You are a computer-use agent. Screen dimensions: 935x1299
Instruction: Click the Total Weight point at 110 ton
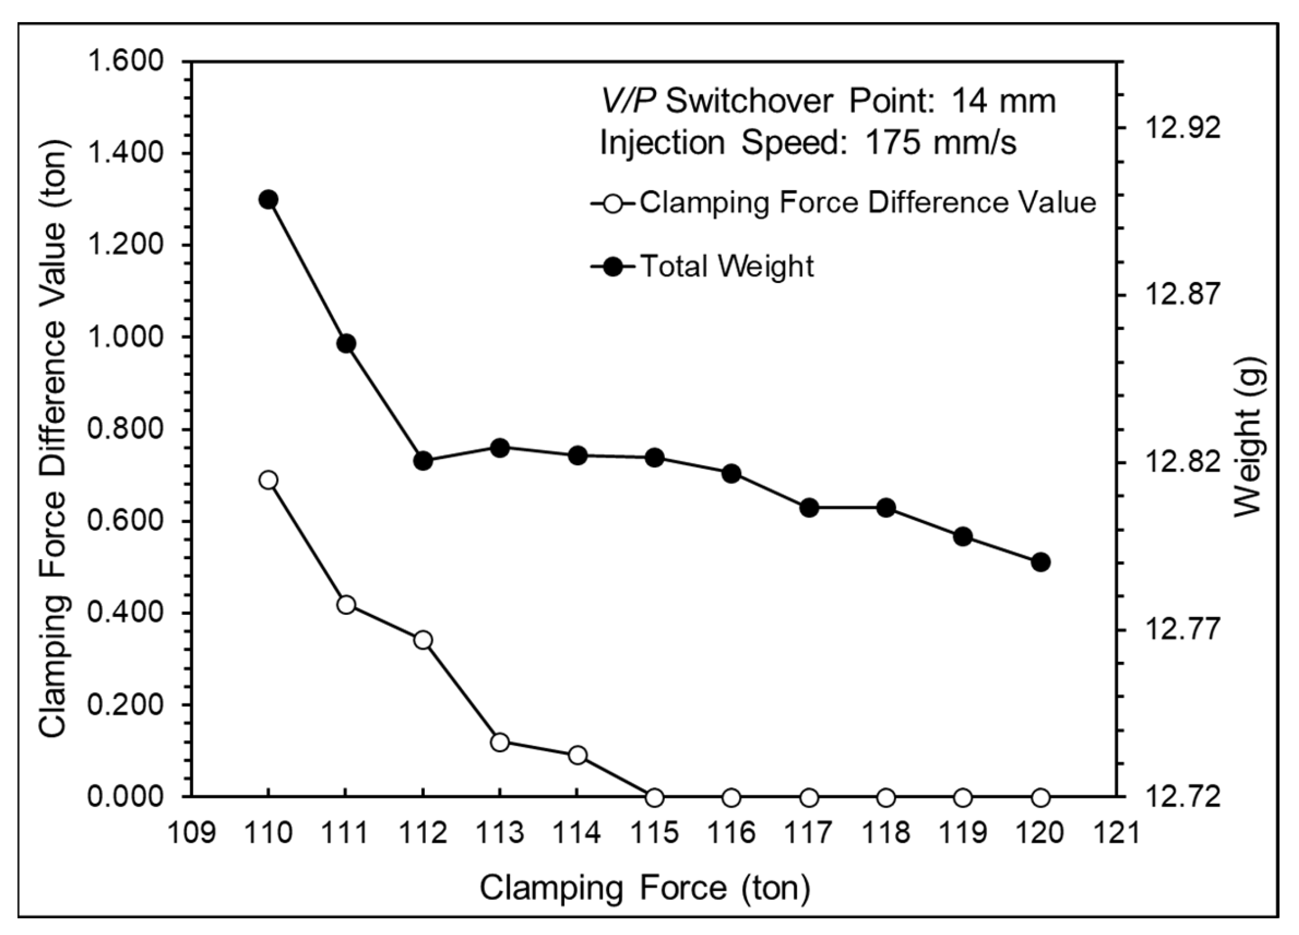click(x=267, y=200)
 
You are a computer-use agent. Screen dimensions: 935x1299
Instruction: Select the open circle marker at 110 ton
click(x=267, y=480)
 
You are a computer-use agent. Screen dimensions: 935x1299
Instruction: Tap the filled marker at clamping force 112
click(x=423, y=461)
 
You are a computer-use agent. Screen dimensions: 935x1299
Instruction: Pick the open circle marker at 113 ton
click(x=500, y=742)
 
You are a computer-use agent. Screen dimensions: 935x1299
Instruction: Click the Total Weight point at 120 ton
click(x=1040, y=561)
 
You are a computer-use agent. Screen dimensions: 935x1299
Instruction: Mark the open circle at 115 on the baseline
click(x=654, y=798)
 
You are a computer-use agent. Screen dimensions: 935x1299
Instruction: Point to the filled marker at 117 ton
click(x=809, y=508)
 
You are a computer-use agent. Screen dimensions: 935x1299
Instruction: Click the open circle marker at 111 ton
click(x=346, y=604)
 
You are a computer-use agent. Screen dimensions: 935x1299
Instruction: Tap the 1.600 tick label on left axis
click(x=126, y=61)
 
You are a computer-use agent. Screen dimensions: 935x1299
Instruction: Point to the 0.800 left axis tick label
click(x=126, y=429)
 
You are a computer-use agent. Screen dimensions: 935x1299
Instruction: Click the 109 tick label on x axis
click(x=191, y=833)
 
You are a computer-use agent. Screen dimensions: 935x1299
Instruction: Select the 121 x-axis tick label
click(x=1116, y=833)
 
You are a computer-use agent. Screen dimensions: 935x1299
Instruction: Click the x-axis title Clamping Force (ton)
click(x=644, y=888)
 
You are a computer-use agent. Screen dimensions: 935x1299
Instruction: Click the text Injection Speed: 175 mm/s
click(x=808, y=143)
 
